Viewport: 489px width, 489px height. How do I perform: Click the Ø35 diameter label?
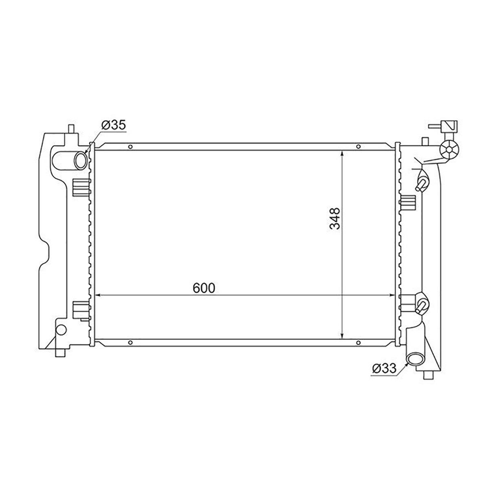pos(113,126)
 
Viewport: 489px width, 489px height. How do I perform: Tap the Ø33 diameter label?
pos(384,368)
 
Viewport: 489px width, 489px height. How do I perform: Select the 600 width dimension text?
pos(204,288)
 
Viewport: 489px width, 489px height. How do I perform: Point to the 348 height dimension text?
pos(335,218)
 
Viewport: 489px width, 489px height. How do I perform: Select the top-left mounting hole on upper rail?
pos(130,147)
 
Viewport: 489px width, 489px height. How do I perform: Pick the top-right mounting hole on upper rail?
pos(358,147)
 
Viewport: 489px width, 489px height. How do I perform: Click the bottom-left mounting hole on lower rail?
pos(130,343)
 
